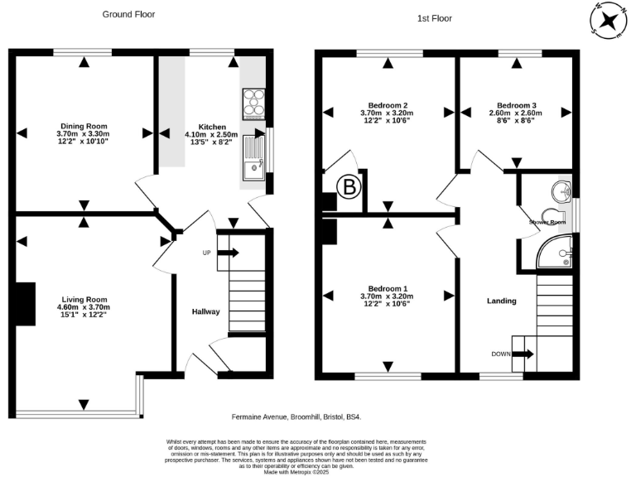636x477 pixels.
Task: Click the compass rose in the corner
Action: [x=609, y=20]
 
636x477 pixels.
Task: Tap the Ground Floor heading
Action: [x=128, y=14]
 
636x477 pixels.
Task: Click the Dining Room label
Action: [x=83, y=125]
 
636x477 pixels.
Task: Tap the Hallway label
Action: [x=206, y=311]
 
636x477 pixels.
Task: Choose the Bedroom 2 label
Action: [x=388, y=105]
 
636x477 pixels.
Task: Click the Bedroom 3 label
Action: [x=513, y=105]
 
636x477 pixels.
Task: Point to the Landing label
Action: [x=502, y=301]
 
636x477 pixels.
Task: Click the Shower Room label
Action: [x=547, y=222]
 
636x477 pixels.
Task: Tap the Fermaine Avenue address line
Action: [x=295, y=418]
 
